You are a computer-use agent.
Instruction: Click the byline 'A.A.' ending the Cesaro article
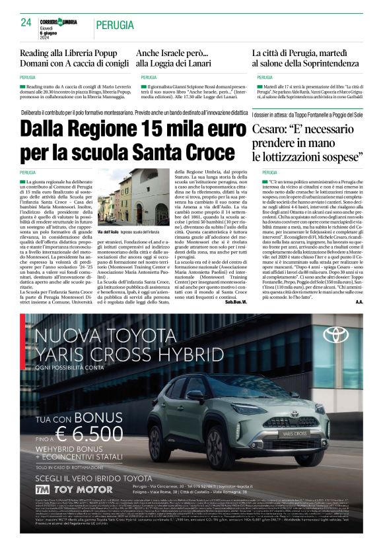click(359, 301)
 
